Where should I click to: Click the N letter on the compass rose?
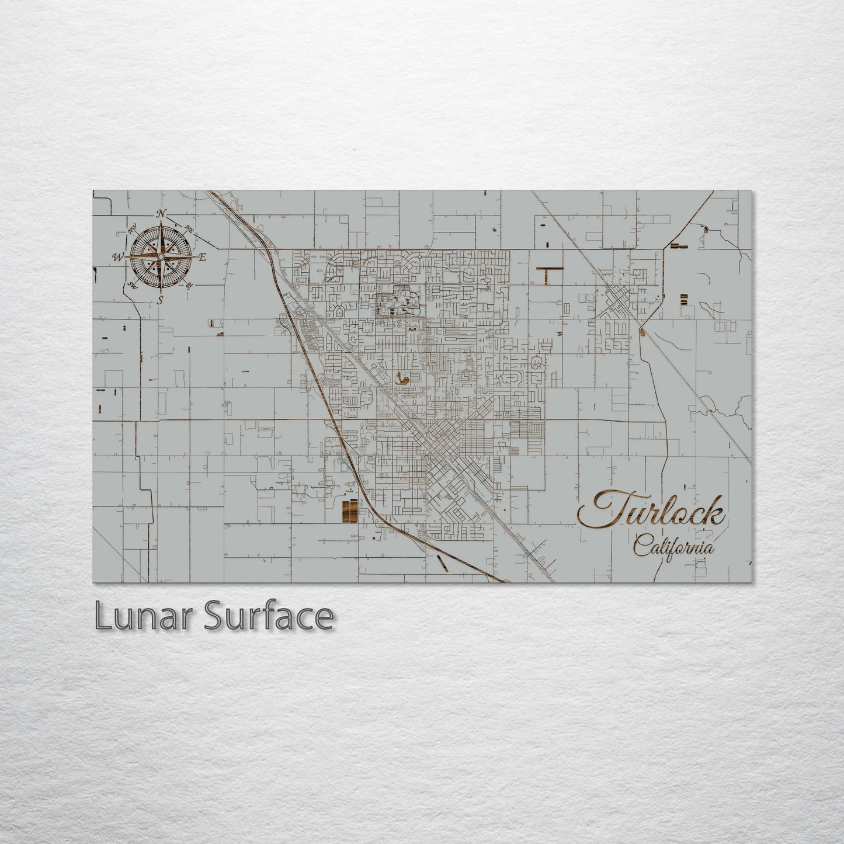[x=162, y=213]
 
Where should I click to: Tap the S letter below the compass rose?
[x=160, y=301]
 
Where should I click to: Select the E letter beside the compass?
[x=203, y=257]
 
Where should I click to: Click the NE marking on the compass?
[x=189, y=229]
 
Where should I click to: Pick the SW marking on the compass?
[x=132, y=285]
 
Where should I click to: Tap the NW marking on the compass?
[x=133, y=230]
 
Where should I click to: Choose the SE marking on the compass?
[x=189, y=285]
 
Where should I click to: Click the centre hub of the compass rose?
[x=161, y=257]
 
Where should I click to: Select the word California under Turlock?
[x=673, y=549]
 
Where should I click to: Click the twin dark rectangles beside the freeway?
[x=348, y=510]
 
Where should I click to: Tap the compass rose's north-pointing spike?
[x=161, y=234]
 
